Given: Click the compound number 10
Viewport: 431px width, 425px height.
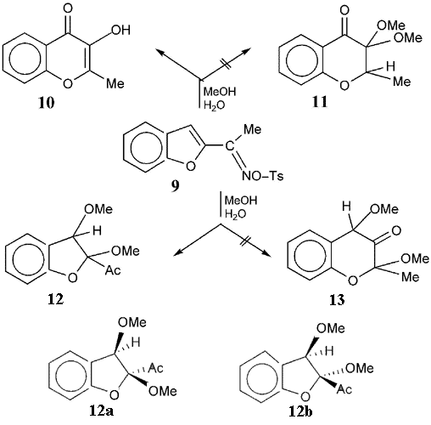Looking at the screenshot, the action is tap(47, 103).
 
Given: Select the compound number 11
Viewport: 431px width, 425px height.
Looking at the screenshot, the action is tap(320, 102).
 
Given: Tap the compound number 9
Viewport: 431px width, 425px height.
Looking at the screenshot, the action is tap(175, 185).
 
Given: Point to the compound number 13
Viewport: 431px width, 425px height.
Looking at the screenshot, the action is tap(337, 300).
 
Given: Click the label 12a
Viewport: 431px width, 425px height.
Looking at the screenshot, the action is tap(102, 411).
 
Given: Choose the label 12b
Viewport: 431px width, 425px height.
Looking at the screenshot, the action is tap(300, 411).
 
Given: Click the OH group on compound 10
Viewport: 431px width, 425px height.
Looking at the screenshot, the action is tap(120, 30).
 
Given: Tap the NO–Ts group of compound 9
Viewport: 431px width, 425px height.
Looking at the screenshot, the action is tap(263, 176).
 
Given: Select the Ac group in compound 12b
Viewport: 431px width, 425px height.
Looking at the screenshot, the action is tap(344, 389).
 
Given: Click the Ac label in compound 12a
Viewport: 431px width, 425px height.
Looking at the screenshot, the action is tap(156, 368).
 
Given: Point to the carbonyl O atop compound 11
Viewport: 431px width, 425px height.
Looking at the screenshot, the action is tap(344, 11).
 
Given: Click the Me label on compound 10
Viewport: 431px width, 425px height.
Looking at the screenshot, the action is tap(115, 83).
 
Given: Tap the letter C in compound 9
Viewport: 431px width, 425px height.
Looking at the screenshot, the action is tap(230, 146).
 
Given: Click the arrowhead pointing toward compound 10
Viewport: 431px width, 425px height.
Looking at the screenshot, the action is tap(160, 52).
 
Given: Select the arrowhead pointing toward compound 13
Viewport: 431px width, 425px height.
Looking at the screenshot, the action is tap(265, 253).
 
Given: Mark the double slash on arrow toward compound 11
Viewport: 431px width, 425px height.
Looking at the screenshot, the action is tap(227, 64).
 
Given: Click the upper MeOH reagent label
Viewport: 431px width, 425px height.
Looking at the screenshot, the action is tap(220, 92).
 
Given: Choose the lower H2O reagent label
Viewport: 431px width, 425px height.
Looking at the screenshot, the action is tap(235, 215).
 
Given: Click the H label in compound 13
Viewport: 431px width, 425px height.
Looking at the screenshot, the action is tap(346, 207).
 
